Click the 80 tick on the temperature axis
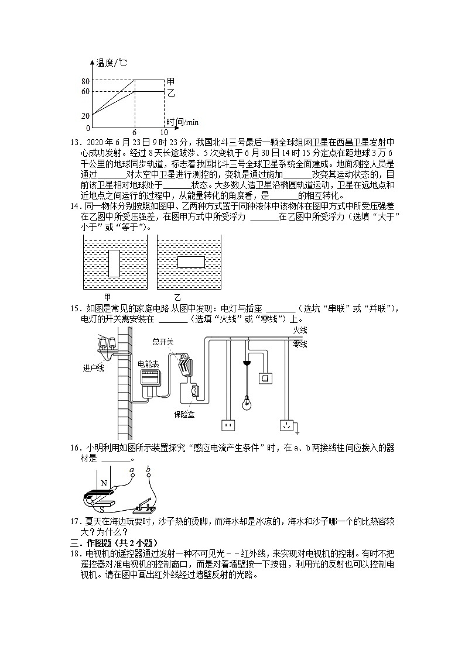pos(86,81)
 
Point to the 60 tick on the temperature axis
pos(86,92)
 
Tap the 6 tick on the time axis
pos(134,133)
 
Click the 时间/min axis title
pos(182,122)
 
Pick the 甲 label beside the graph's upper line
pos(171,81)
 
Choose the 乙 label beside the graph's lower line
pos(171,92)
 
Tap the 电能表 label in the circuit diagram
pos(148,363)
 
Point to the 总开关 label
pos(163,341)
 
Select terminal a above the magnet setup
pos(132,476)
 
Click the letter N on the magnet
pos(104,483)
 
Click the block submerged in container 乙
pos(190,261)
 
